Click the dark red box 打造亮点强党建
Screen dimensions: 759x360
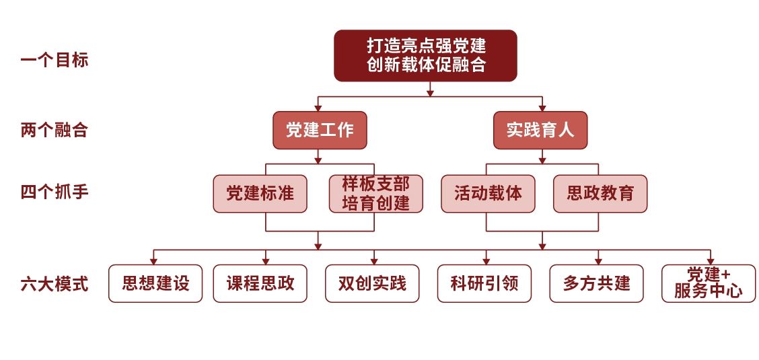click(425, 56)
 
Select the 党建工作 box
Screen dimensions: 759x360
click(320, 130)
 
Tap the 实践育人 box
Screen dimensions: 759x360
click(540, 130)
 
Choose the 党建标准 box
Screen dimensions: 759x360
click(260, 194)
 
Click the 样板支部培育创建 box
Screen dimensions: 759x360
click(375, 194)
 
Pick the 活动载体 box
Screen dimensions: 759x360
click(488, 194)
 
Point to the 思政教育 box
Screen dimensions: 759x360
click(600, 194)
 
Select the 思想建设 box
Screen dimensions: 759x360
click(155, 283)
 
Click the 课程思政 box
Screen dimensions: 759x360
click(260, 283)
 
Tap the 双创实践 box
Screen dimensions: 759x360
click(372, 283)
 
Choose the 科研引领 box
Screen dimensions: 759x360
click(484, 283)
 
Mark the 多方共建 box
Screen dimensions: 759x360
click(596, 283)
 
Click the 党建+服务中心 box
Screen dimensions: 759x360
click(709, 283)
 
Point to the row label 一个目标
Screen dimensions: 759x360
click(55, 61)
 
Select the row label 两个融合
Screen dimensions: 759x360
click(55, 131)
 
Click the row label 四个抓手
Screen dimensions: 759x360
click(55, 192)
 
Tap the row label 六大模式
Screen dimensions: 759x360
click(55, 284)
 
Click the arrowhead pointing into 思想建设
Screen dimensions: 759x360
click(153, 261)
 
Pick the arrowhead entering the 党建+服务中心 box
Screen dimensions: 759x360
click(711, 261)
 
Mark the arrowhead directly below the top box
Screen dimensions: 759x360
click(430, 93)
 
